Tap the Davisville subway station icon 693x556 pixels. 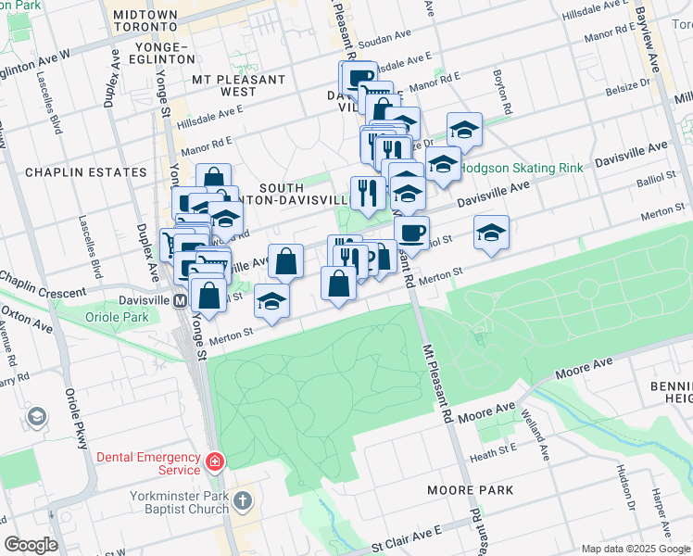tap(179, 301)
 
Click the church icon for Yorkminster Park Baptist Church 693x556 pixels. tap(242, 501)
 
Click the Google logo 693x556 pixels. tap(31, 544)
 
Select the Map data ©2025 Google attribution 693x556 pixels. tap(635, 549)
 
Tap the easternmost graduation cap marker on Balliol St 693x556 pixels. tap(492, 233)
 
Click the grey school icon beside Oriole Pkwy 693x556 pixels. tap(37, 417)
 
